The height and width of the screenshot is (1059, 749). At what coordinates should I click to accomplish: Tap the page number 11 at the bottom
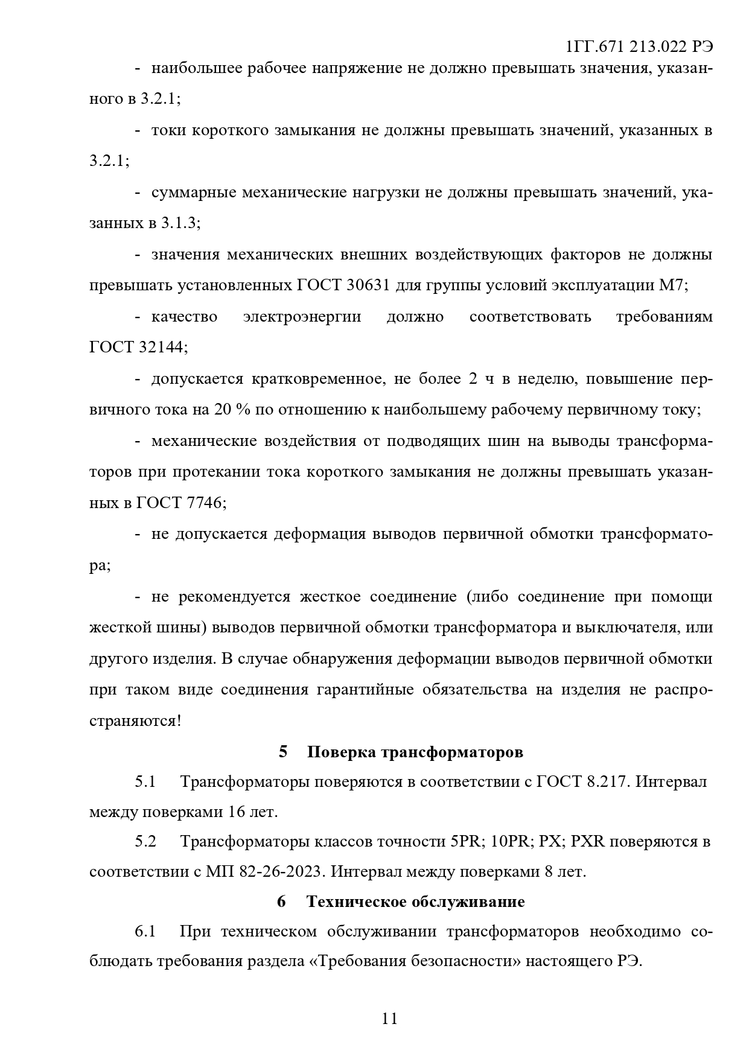pos(390,1019)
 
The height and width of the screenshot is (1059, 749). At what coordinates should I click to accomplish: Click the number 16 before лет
pos(236,812)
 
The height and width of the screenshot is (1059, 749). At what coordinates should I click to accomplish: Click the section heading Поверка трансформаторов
pos(415,752)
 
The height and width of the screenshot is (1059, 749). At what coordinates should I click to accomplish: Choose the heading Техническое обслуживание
pos(415,902)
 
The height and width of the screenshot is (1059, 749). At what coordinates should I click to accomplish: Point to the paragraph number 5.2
pos(145,842)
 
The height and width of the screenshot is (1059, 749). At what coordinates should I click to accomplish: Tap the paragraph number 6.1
pos(145,932)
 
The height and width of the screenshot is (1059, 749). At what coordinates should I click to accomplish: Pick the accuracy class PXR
pos(587,842)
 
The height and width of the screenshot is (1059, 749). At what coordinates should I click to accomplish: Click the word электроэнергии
pos(302,317)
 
